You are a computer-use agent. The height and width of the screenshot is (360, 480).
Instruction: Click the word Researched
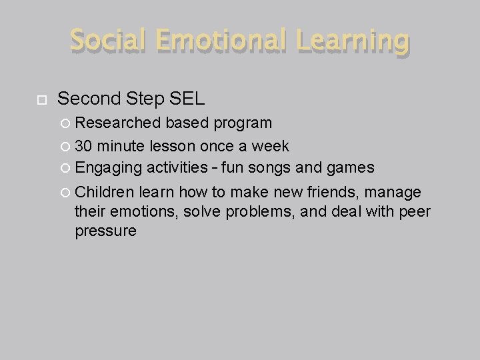[118, 123]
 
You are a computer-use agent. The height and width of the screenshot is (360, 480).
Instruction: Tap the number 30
[84, 145]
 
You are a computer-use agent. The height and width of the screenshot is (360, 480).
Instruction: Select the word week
[270, 145]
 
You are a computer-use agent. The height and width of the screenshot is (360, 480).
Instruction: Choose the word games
[351, 168]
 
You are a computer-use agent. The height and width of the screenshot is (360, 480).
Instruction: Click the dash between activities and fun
[215, 168]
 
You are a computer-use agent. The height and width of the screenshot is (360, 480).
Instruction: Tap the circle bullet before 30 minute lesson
[65, 146]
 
